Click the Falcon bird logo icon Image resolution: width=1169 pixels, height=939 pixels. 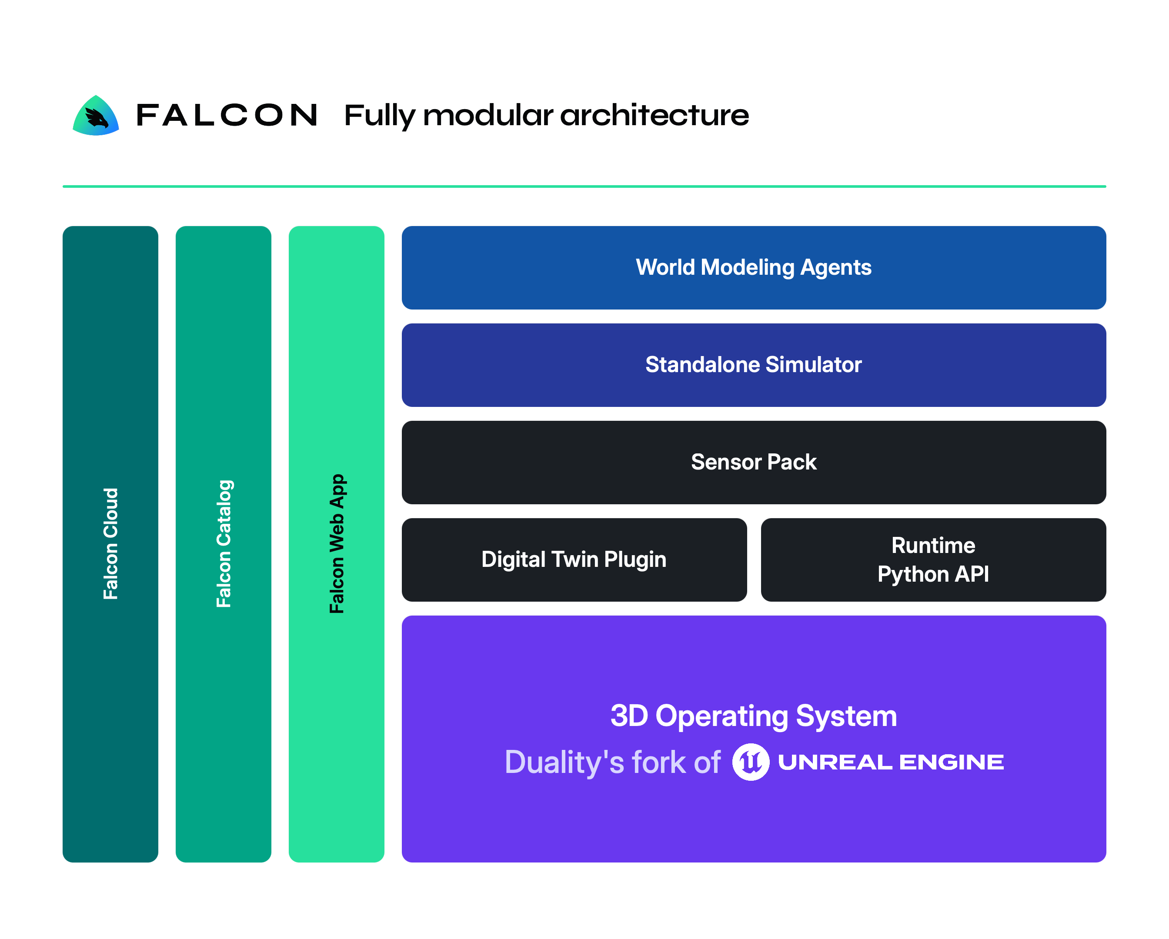tap(96, 116)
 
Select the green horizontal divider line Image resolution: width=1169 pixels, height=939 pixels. tap(584, 186)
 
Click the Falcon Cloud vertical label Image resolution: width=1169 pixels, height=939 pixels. tap(110, 544)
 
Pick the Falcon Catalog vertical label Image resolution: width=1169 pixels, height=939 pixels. tap(224, 544)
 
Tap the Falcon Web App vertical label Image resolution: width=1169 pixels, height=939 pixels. tap(337, 544)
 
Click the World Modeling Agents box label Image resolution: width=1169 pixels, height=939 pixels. tap(754, 268)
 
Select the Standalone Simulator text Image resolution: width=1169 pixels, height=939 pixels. tap(754, 365)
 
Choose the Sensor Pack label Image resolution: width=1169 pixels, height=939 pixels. tap(754, 463)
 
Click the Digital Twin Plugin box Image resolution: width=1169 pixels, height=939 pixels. tap(574, 559)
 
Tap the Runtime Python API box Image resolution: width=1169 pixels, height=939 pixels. tap(933, 559)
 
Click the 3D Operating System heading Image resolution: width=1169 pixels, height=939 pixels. tap(754, 716)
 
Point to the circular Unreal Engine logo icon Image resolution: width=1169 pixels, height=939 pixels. tap(751, 762)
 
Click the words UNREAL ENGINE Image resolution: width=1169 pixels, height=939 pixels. tap(891, 762)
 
